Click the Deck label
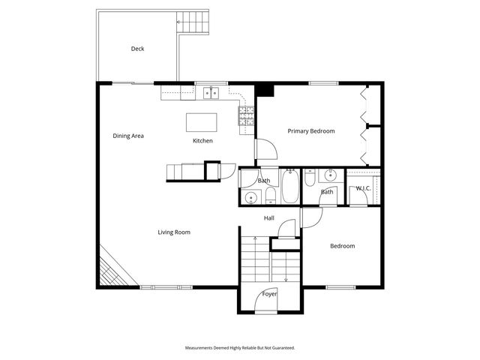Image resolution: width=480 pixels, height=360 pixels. point(137,49)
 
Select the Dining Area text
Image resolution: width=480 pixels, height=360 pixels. point(127,136)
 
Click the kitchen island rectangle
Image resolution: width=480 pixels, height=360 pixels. point(200,121)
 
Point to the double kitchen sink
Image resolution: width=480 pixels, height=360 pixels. point(211,93)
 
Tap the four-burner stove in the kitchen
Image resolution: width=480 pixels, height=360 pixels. point(246,115)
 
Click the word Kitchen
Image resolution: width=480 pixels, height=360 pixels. point(202,141)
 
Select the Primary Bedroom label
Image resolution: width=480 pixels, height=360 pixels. point(311,130)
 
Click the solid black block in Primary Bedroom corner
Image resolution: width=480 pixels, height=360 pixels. point(265,91)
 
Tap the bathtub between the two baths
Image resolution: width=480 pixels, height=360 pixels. point(290,187)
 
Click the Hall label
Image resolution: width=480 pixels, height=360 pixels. point(268,218)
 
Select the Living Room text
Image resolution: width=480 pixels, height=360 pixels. point(173,232)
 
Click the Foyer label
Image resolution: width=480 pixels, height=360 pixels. point(269,294)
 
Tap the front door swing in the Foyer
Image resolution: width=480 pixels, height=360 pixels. point(268,301)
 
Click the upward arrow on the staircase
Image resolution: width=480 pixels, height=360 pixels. point(256,240)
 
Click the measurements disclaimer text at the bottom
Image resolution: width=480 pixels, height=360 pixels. point(240,348)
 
